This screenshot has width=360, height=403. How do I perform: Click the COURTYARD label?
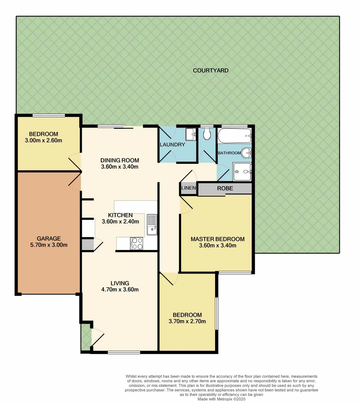[211, 71]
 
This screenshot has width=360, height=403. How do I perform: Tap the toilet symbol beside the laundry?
[207, 134]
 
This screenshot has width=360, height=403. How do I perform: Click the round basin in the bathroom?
[246, 153]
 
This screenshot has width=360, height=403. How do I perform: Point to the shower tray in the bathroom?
[242, 172]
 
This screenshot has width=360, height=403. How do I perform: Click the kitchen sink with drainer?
[152, 225]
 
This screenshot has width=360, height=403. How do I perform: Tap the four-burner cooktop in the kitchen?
[137, 244]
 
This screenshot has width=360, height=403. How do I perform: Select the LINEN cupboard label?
[188, 188]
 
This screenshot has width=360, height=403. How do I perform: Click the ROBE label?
[225, 188]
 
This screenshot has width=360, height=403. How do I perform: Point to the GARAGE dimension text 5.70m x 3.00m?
[49, 245]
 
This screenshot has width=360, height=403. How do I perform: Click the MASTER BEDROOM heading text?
[217, 239]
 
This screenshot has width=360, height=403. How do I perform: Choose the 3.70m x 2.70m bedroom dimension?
[187, 321]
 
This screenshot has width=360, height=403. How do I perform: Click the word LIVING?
[120, 283]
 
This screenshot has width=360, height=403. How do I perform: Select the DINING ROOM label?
[120, 160]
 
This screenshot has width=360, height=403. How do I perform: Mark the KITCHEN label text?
[120, 215]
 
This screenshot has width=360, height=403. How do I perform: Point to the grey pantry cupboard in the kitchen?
[88, 245]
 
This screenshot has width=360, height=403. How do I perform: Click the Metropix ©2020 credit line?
[221, 399]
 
